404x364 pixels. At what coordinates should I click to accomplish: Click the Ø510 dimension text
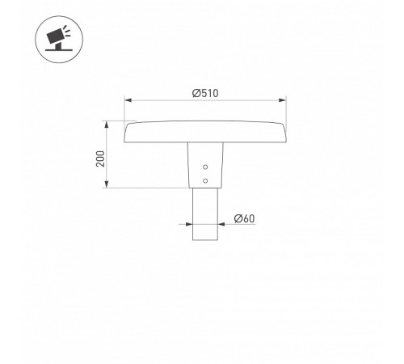[205, 92]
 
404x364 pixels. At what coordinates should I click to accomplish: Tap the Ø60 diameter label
[244, 218]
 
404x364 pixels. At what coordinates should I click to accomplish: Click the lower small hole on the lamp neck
[205, 180]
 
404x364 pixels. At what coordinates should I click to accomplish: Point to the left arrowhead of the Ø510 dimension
[127, 100]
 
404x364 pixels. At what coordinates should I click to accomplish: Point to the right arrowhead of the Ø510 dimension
[284, 100]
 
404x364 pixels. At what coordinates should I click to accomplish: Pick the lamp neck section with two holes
[205, 166]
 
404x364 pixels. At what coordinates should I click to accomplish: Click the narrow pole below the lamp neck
[205, 214]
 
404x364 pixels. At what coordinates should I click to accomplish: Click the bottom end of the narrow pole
[205, 239]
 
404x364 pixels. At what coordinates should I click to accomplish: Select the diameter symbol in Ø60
[238, 218]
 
